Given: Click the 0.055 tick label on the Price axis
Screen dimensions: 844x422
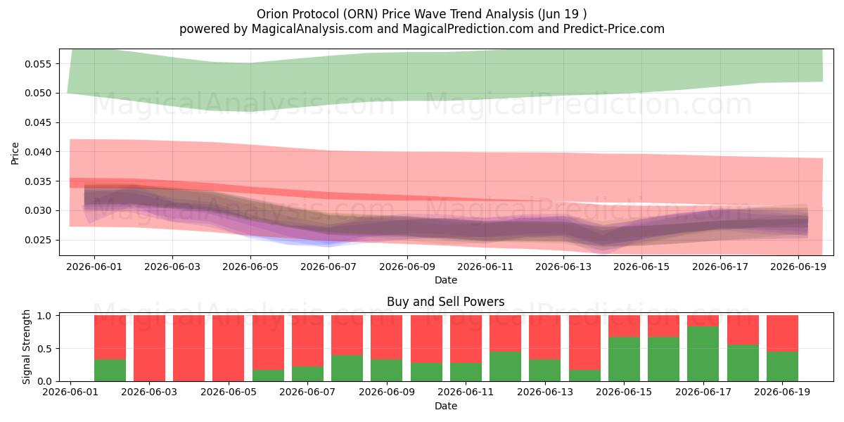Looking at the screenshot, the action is [x=37, y=64].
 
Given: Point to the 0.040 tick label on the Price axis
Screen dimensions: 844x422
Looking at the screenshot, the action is [x=37, y=152].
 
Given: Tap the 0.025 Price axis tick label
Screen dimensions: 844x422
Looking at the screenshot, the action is [x=37, y=240].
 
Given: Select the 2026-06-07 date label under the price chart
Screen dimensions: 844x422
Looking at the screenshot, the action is [x=328, y=267].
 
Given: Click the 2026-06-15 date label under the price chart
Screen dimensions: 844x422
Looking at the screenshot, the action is [x=641, y=267].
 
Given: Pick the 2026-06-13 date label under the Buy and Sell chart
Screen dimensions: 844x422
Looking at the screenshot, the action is [x=545, y=392].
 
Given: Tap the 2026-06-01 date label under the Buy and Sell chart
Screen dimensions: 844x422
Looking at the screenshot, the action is [x=70, y=392].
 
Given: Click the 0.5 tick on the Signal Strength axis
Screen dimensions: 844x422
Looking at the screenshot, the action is [x=44, y=349].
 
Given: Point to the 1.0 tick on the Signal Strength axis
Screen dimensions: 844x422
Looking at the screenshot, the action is [x=44, y=316].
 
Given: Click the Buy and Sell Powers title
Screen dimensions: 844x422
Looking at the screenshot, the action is [x=446, y=302].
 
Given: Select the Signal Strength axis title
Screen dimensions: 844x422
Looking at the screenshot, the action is [x=26, y=347].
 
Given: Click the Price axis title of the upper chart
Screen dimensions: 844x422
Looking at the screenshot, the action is [x=15, y=153].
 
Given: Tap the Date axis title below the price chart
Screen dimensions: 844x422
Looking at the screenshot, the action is [x=446, y=280].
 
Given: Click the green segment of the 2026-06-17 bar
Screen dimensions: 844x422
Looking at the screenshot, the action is [x=703, y=354].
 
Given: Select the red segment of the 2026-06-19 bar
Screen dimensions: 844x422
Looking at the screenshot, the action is [x=782, y=333].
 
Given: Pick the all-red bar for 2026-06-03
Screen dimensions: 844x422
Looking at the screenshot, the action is [x=149, y=348].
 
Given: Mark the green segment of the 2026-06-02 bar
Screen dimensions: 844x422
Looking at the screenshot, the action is [x=110, y=371].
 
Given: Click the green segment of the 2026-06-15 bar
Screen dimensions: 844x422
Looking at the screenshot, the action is [x=624, y=359].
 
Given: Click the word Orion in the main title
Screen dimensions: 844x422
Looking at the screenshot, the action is [x=272, y=14].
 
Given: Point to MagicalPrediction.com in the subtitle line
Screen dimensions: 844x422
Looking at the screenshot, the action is [x=468, y=29].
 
